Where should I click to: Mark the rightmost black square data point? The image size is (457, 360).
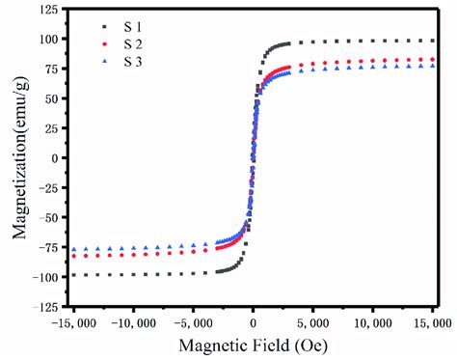432,41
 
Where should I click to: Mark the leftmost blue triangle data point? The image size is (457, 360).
74,249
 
